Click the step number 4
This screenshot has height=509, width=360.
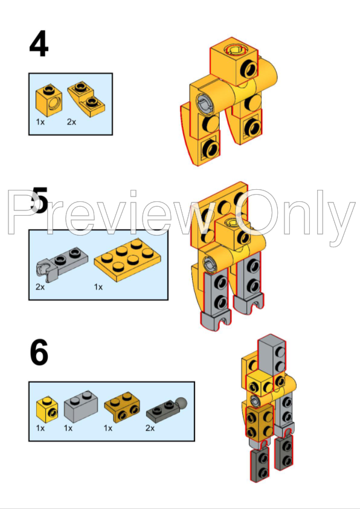[39, 44]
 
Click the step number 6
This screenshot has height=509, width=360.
[39, 352]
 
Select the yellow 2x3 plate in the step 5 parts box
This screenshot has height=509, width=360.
[127, 260]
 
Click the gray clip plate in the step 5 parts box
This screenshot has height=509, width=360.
[62, 263]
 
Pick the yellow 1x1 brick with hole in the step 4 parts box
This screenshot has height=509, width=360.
[49, 100]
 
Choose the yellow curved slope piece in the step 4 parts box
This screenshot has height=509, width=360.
[86, 99]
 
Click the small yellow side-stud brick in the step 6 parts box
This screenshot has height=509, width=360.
[47, 409]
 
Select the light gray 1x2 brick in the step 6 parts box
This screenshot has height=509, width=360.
[81, 406]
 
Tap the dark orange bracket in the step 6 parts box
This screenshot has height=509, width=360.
[122, 407]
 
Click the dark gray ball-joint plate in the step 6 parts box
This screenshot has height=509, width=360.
[166, 410]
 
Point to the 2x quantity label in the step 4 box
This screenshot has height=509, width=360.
[71, 122]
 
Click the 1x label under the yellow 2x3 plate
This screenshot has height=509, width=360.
[98, 287]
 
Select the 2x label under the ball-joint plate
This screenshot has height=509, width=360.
[150, 428]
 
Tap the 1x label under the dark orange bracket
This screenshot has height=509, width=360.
[108, 428]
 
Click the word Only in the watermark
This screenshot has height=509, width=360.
[295, 213]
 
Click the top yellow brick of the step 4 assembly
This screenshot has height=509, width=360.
[234, 62]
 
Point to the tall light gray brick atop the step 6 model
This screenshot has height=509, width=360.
[272, 357]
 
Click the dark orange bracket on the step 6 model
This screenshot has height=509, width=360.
[260, 422]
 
